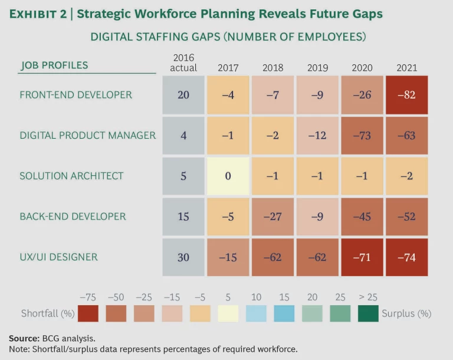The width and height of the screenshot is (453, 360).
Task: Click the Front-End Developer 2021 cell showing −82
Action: click(406, 95)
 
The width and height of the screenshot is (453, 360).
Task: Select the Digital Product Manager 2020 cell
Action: click(362, 136)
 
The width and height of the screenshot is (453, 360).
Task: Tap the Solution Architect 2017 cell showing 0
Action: click(228, 176)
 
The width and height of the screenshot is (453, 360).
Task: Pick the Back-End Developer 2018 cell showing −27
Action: click(273, 217)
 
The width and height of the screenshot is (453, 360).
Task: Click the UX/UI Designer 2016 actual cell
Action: click(183, 257)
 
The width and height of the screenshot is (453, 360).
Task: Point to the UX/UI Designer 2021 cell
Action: click(406, 257)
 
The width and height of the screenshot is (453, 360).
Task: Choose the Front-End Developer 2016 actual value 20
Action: click(183, 95)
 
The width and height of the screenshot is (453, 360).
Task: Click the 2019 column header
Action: click(317, 68)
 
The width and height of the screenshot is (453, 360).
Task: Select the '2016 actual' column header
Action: click(183, 63)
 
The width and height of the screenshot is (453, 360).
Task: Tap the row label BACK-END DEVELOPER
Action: click(73, 217)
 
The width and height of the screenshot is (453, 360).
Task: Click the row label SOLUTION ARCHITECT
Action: click(71, 176)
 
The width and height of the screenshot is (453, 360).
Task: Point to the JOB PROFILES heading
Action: click(54, 66)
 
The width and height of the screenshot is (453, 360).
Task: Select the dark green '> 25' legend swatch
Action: click(368, 313)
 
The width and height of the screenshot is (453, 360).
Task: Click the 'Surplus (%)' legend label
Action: click(406, 313)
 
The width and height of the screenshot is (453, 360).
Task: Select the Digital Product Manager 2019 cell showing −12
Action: click(317, 136)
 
